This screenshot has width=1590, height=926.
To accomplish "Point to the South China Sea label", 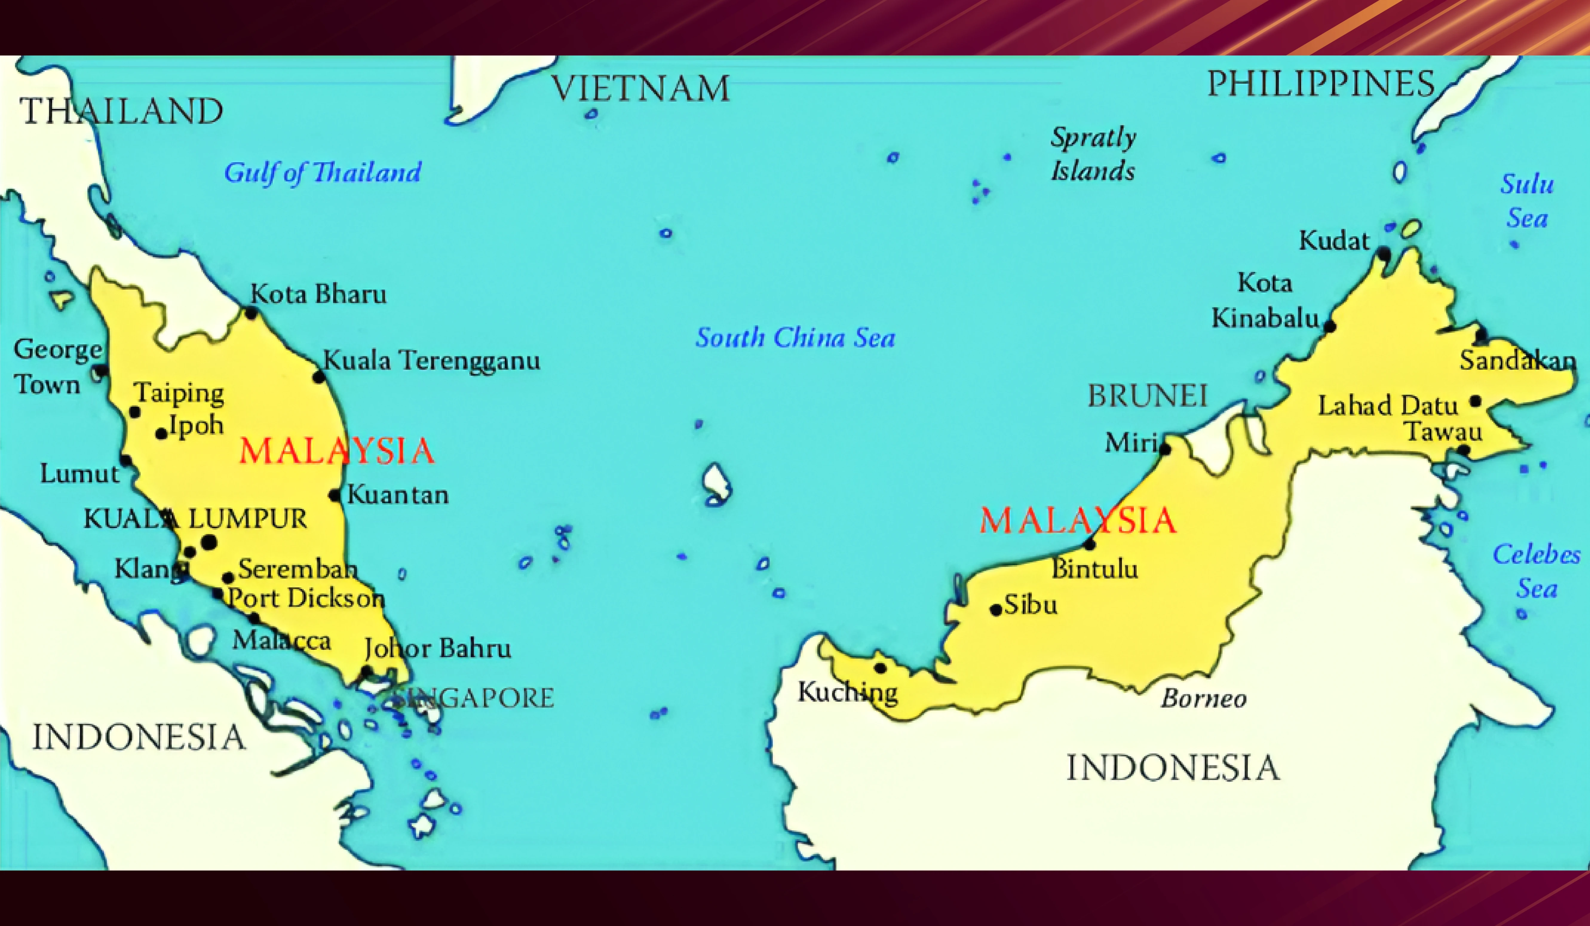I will (795, 338).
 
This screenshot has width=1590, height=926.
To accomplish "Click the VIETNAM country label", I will (640, 88).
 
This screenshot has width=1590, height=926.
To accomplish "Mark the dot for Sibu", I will (996, 610).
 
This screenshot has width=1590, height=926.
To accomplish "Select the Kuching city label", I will (847, 692).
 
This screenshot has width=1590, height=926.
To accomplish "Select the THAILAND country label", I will (121, 112).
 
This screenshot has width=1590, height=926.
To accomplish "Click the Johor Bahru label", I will (437, 648).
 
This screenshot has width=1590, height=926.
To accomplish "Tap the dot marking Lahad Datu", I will (1475, 401).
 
